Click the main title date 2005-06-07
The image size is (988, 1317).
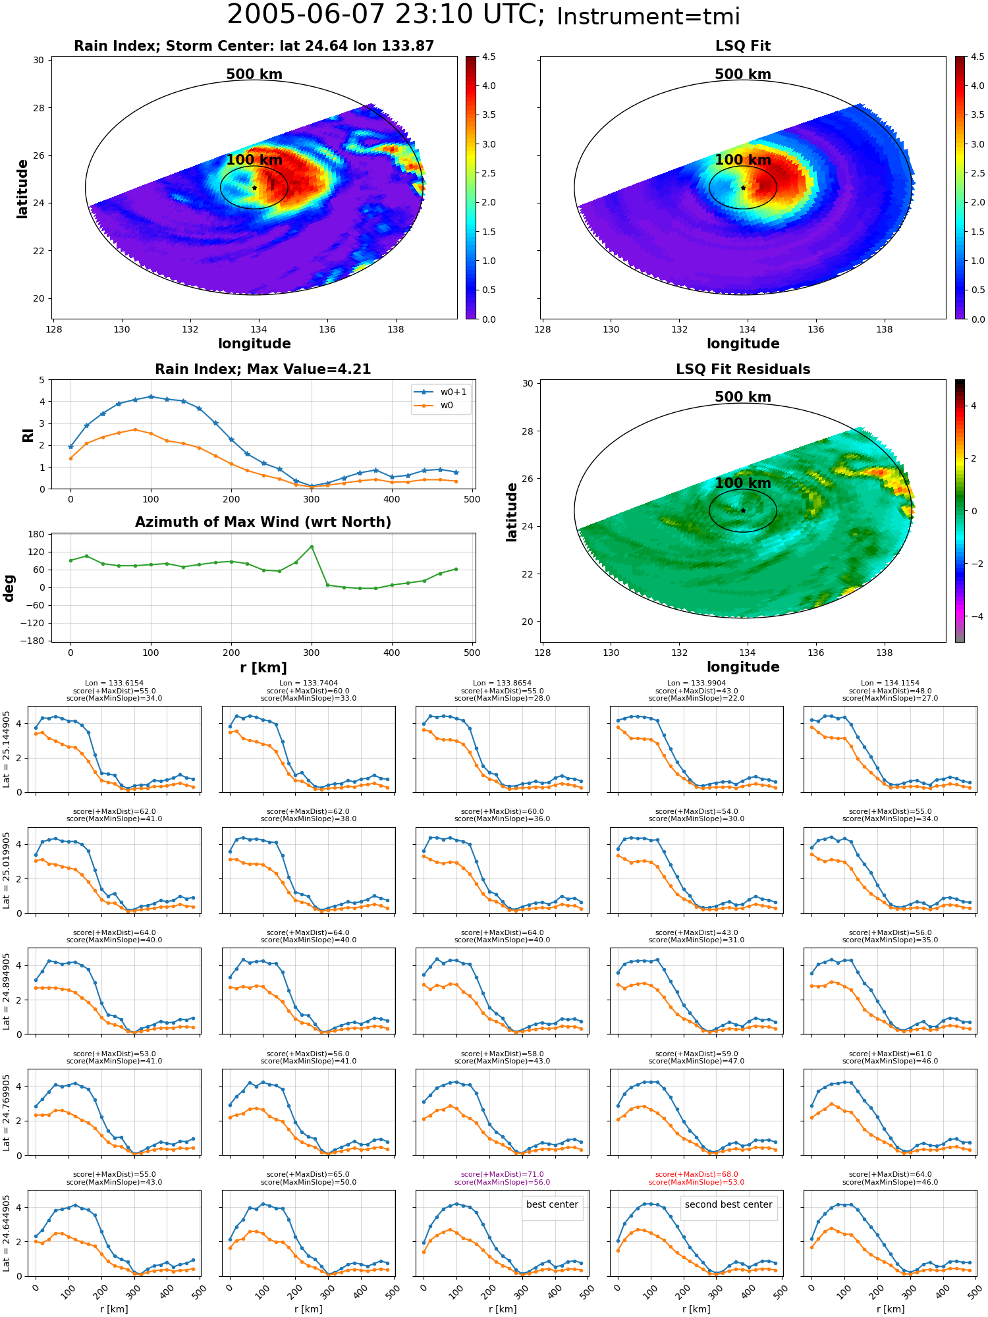click(x=318, y=15)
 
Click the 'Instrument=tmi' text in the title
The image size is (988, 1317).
click(x=648, y=16)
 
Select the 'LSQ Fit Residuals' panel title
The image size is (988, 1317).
click(x=743, y=369)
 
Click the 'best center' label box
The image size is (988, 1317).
click(x=552, y=1204)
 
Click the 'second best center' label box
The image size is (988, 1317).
click(x=728, y=1204)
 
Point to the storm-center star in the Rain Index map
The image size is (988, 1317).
click(x=254, y=188)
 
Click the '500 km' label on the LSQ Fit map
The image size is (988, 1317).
click(x=743, y=74)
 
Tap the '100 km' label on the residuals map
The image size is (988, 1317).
click(x=743, y=483)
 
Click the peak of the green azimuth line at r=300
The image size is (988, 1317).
click(x=312, y=547)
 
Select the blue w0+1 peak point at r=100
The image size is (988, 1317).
click(x=151, y=396)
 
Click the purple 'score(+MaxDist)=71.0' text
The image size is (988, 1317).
click(x=502, y=1174)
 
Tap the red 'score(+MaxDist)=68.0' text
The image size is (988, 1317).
click(x=696, y=1174)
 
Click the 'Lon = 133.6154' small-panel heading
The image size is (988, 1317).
click(x=114, y=684)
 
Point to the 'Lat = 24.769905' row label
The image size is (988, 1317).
click(x=7, y=1113)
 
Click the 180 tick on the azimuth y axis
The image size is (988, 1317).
click(x=37, y=534)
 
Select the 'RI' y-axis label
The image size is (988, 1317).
click(x=28, y=435)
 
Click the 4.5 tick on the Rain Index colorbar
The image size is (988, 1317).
click(x=489, y=57)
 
